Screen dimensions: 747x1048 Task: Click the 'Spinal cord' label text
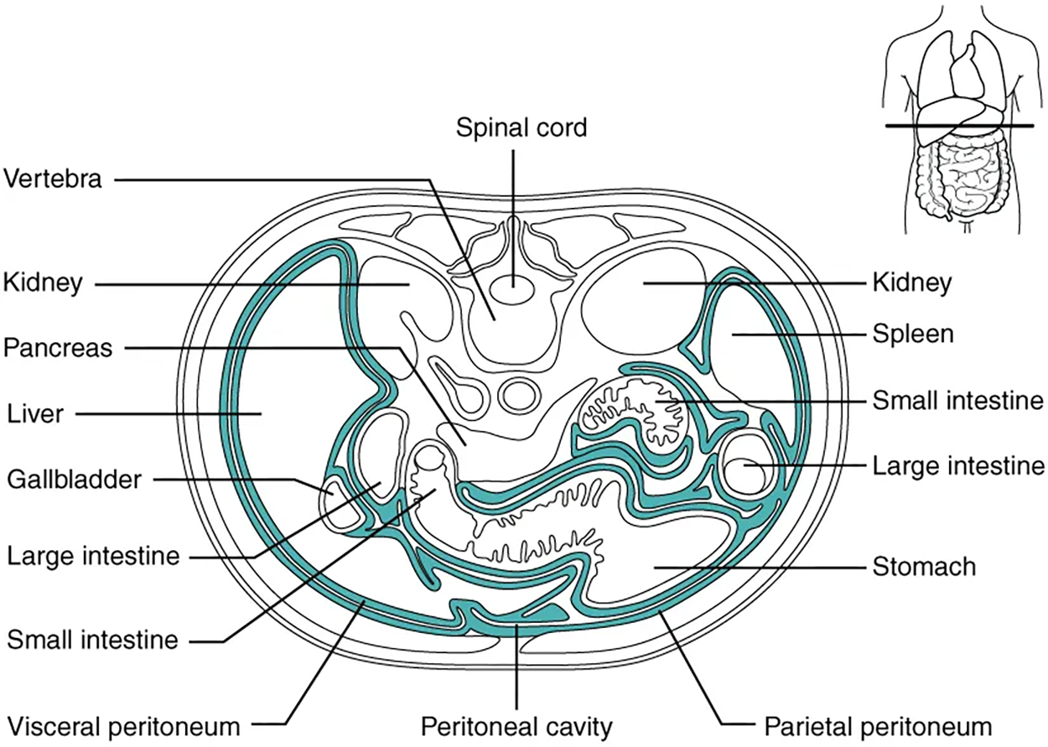click(521, 128)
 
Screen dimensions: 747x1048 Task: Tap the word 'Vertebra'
click(53, 179)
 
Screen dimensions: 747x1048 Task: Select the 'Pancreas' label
click(58, 348)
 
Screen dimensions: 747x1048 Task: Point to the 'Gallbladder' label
click(74, 480)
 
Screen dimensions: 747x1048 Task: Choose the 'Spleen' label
click(913, 335)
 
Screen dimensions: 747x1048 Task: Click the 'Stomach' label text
click(924, 567)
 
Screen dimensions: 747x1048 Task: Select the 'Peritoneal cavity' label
click(517, 724)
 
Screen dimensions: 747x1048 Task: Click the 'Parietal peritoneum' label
click(877, 724)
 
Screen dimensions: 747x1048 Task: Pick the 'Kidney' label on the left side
click(43, 283)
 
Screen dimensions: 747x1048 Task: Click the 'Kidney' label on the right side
click(912, 283)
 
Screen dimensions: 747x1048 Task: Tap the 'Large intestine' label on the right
click(958, 464)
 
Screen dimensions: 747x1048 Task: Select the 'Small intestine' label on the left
click(92, 641)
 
